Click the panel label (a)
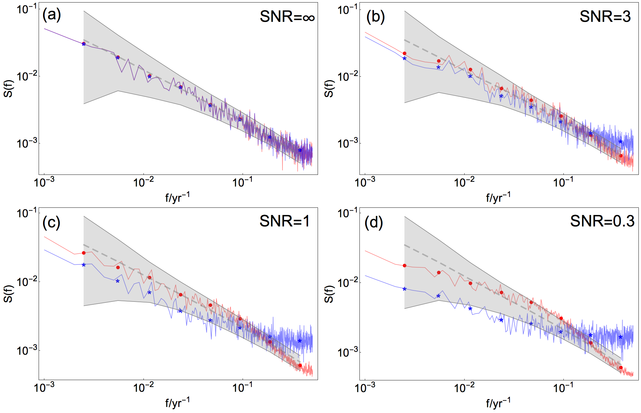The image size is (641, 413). [x=51, y=15]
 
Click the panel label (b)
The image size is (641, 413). [x=375, y=16]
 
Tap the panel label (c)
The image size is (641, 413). [x=51, y=222]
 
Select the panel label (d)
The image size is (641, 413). [x=374, y=222]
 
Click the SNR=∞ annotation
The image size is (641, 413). [x=287, y=16]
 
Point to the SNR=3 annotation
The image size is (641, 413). [x=605, y=16]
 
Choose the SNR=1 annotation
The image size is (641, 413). [x=284, y=221]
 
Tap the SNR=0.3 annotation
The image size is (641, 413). [x=602, y=221]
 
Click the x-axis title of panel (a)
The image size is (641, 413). [x=177, y=197]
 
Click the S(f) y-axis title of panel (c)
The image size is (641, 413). [x=9, y=294]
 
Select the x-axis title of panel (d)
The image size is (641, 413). [x=498, y=403]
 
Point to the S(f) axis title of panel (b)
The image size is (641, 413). [x=329, y=89]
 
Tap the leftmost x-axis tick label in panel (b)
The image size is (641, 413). [x=365, y=183]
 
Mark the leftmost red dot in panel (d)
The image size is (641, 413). [x=404, y=265]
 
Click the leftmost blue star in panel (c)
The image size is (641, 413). [x=84, y=265]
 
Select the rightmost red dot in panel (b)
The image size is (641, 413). [x=621, y=156]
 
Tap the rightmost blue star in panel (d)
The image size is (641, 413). [x=620, y=337]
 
